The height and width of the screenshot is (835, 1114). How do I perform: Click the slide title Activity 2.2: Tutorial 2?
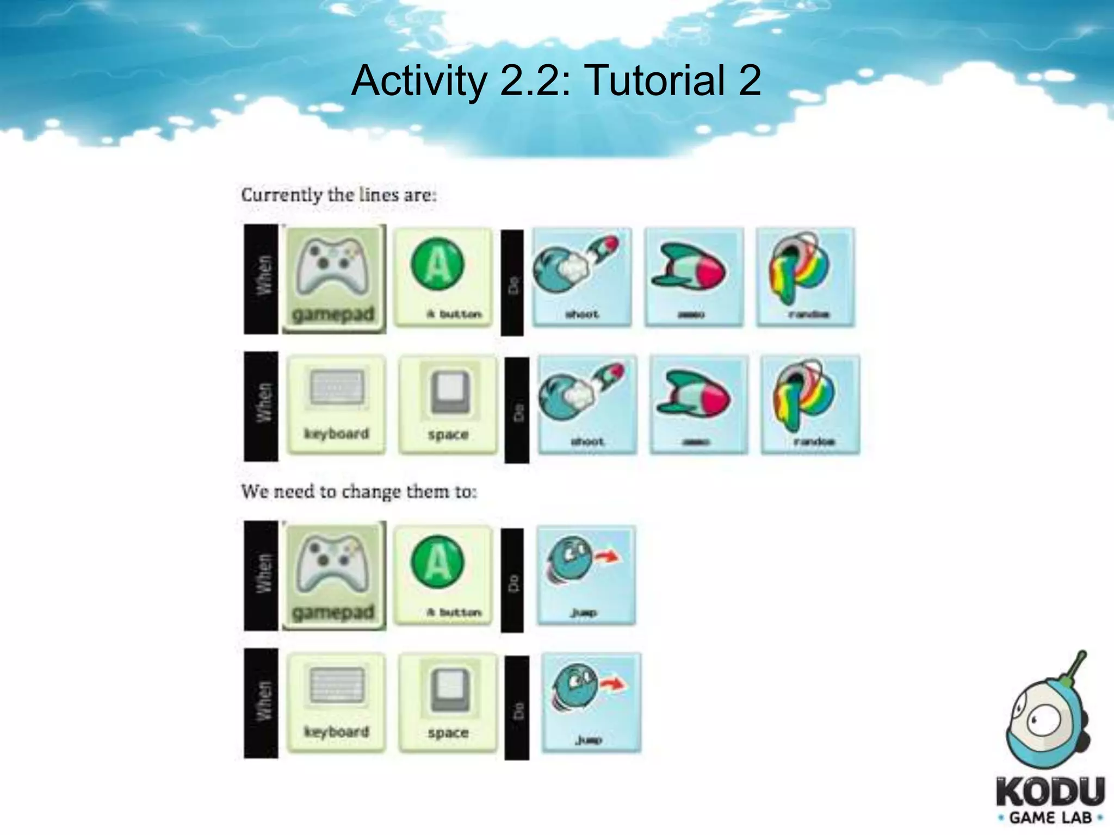click(x=556, y=80)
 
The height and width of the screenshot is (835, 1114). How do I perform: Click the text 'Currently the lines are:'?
click(x=338, y=195)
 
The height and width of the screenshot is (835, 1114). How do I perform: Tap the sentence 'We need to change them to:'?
click(x=359, y=491)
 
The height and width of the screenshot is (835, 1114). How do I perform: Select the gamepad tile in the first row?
click(x=334, y=278)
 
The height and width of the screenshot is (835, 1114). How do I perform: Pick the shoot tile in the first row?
click(x=582, y=277)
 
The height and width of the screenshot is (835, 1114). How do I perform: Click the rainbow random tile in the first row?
click(x=805, y=277)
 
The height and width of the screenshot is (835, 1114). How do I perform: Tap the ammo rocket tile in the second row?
click(x=698, y=404)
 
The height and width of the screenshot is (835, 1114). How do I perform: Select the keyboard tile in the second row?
click(x=336, y=404)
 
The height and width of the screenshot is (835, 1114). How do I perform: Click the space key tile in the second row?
click(x=448, y=404)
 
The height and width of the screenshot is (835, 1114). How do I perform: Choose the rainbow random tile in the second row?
click(x=810, y=404)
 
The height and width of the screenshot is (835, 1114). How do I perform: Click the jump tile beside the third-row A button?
click(x=585, y=575)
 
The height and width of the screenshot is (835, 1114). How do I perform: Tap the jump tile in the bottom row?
click(x=591, y=702)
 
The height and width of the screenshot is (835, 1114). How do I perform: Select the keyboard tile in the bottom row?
click(x=336, y=702)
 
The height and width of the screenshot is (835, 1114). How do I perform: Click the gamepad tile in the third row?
click(x=334, y=575)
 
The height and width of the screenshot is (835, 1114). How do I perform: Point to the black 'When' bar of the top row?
click(x=261, y=278)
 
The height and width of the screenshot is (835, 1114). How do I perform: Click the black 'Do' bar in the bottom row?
click(x=516, y=708)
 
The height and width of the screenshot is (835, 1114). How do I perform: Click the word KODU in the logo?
click(x=1050, y=793)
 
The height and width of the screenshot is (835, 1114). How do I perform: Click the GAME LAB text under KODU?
click(x=1050, y=818)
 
